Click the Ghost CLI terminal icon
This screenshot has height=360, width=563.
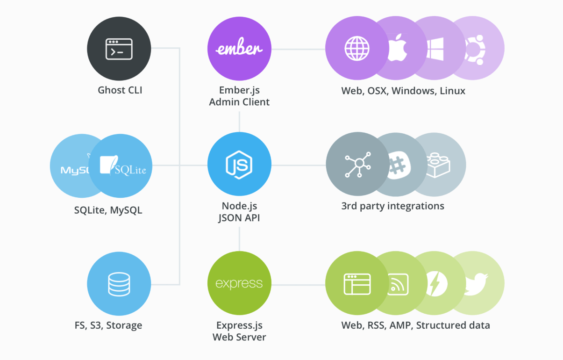coord(119,49)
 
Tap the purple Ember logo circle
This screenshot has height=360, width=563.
coord(239,49)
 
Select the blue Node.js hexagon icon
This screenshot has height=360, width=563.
coord(239,165)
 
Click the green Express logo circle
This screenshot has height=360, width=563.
coord(239,283)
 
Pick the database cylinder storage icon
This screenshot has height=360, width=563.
coord(119,284)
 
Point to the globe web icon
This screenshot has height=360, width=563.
coord(357,49)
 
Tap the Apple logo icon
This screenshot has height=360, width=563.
coord(398,48)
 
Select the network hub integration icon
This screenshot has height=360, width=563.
coord(358,165)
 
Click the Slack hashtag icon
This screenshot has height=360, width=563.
coord(398,165)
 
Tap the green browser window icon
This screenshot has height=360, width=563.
coord(357,284)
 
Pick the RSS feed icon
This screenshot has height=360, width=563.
coord(398,284)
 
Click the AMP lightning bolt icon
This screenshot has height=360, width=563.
coord(436,284)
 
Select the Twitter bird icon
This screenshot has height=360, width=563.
coord(476,283)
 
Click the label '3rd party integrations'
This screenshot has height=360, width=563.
coord(392,206)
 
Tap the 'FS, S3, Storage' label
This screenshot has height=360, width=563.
coord(108,325)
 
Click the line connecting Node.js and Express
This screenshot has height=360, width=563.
coord(239,239)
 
